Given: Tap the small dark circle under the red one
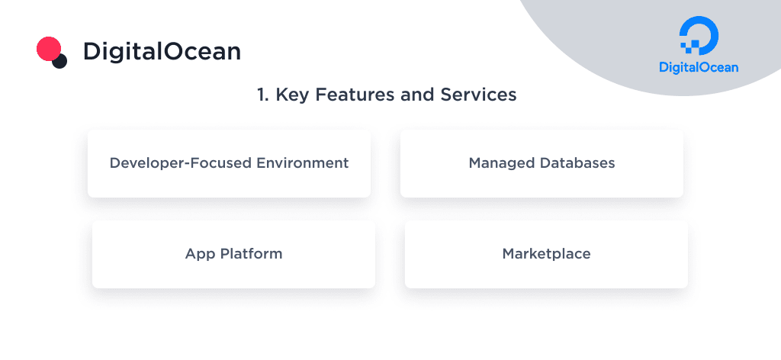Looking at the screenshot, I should [59, 61].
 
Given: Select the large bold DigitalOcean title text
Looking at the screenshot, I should [162, 51].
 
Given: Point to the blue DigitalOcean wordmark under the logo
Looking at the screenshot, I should [699, 67].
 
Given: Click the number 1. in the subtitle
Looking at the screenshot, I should [263, 95].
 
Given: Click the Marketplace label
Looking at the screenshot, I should [546, 254].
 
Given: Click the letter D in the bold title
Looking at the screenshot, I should [93, 51].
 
